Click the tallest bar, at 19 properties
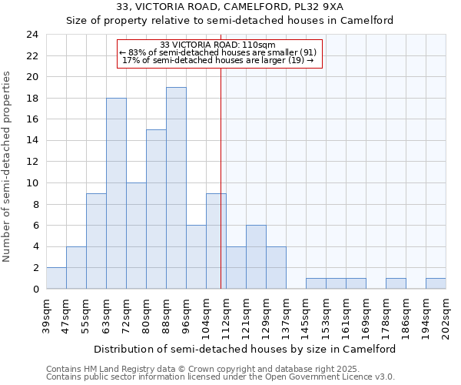click(176, 188)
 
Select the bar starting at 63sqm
click(116, 193)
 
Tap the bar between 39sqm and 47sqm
click(56, 278)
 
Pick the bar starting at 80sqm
click(156, 209)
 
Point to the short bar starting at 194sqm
click(436, 283)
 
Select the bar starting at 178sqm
click(396, 283)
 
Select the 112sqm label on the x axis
click(227, 314)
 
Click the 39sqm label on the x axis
click(47, 314)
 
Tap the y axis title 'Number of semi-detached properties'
click(8, 166)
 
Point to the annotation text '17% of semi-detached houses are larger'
click(218, 60)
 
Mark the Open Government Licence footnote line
click(220, 377)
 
